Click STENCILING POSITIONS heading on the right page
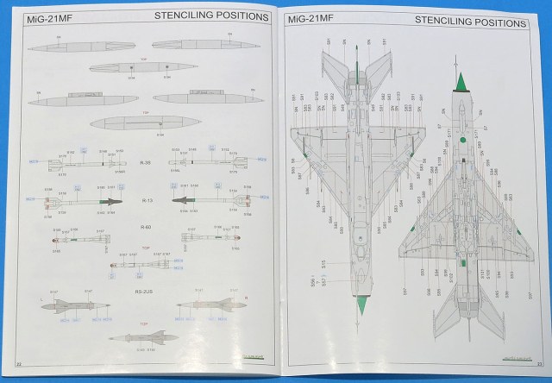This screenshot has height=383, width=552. click(471, 20)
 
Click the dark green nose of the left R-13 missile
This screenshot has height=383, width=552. click(113, 201)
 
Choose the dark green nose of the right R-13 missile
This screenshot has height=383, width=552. click(178, 202)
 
